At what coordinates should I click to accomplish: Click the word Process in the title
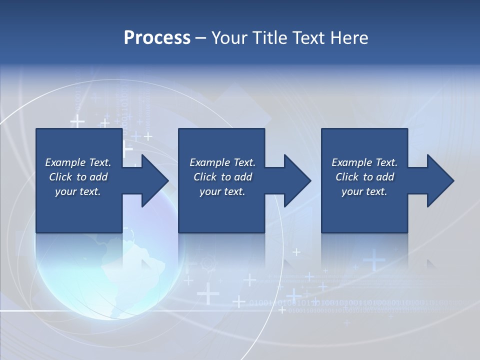157,38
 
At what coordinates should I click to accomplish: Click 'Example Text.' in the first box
78,162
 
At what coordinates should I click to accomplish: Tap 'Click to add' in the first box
78,177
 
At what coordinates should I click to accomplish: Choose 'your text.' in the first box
78,191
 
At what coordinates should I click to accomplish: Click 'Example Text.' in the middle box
222,162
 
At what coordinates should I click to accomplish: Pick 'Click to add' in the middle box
222,177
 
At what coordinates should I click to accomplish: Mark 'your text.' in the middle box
222,191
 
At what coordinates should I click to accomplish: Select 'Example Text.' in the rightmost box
364,162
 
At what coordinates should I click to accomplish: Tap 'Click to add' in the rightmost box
364,177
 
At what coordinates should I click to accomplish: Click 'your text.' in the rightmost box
364,191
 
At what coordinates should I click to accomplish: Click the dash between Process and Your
201,38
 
